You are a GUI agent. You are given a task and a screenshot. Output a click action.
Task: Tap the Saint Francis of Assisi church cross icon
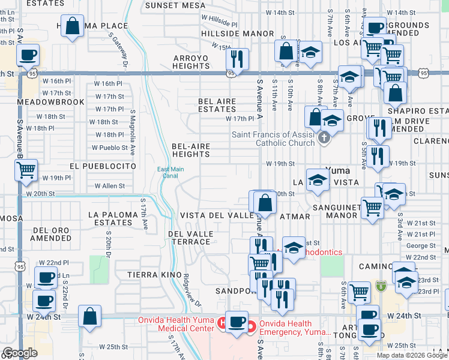point(324,138)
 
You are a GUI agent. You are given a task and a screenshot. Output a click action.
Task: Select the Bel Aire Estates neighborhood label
point(217,106)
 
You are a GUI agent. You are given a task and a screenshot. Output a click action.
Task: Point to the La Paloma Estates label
point(110,218)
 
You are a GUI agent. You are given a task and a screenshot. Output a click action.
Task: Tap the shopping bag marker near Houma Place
point(72,26)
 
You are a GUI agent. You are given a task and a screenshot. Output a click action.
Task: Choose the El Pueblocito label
point(103,166)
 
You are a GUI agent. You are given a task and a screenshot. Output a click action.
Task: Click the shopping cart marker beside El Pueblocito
point(26,170)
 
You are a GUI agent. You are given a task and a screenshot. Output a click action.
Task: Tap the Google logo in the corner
point(20,353)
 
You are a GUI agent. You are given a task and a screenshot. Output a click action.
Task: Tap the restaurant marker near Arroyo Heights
point(237,59)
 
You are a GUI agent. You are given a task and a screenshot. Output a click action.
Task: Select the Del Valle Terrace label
point(190,238)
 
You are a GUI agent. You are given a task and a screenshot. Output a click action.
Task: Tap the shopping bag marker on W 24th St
point(89,316)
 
